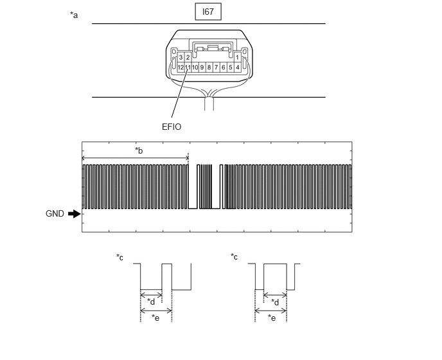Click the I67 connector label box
[x=208, y=12]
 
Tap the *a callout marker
[x=74, y=15]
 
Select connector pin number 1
[x=237, y=57]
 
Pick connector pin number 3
[x=181, y=58]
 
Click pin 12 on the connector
[x=181, y=67]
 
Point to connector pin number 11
[x=188, y=67]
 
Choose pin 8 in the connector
[x=209, y=67]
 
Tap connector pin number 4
[x=238, y=67]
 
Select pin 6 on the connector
[x=224, y=67]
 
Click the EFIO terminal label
[x=172, y=127]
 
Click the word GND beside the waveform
[x=55, y=214]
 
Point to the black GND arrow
[x=75, y=214]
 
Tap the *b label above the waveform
[x=139, y=150]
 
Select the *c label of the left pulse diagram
[x=119, y=257]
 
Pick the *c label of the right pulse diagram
[x=234, y=256]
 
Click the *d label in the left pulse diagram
[x=151, y=302]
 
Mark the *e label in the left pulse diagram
[x=155, y=318]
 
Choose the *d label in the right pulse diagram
[x=275, y=302]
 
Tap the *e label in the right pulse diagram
[x=272, y=318]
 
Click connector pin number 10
[x=195, y=67]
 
